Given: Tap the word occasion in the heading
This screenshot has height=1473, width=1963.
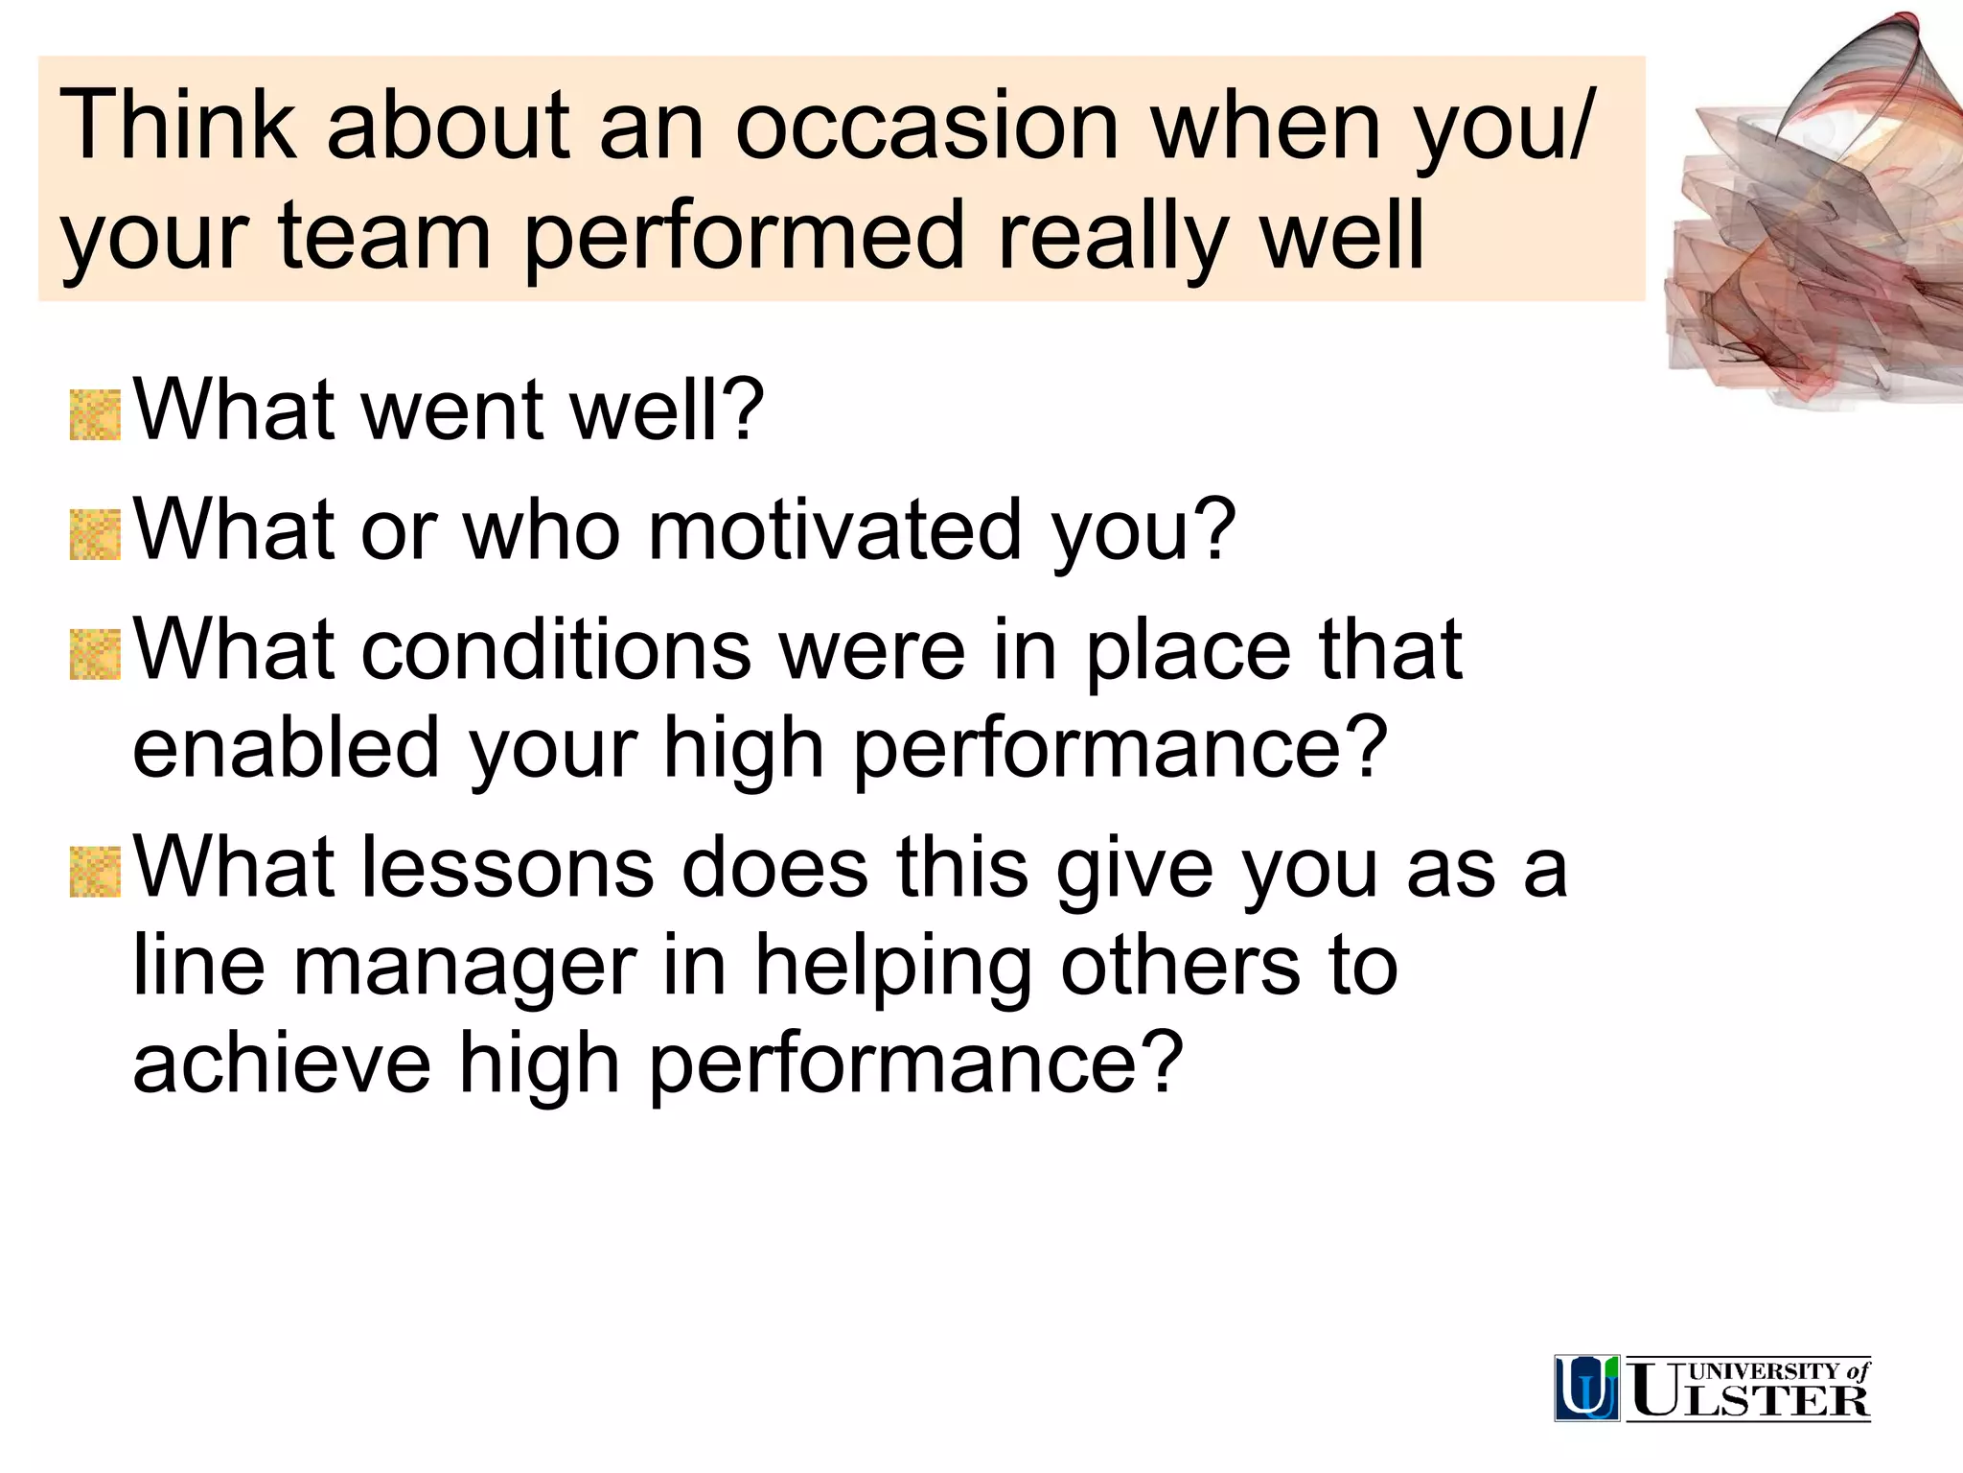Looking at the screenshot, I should (927, 127).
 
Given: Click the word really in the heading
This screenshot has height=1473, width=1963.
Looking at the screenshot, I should (1112, 236).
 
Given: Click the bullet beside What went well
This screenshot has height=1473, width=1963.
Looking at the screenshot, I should (95, 415).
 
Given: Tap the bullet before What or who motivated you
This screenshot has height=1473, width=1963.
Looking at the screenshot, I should (95, 535).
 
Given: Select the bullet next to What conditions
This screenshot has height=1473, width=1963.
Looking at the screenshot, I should (95, 655).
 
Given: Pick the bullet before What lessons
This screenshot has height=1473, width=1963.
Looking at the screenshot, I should (95, 872).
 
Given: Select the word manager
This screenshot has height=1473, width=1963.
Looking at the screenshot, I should (465, 967).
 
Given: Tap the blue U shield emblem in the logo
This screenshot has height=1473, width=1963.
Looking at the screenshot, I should (1586, 1388).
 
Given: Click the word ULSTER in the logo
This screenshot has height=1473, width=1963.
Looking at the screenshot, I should (1749, 1400).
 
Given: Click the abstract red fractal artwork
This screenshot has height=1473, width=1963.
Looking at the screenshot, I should (1812, 221).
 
